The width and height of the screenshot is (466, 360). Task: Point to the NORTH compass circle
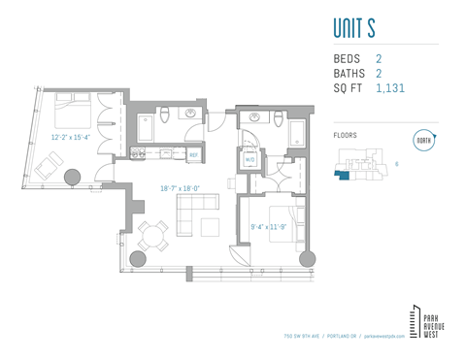pos(422,139)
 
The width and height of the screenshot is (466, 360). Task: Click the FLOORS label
pos(345,135)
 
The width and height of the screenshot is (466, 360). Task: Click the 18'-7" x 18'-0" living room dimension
pos(180,188)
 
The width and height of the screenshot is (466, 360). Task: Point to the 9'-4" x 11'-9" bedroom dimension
pos(271,227)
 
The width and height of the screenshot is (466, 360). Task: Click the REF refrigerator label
pos(193,154)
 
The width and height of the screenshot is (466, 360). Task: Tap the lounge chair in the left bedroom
pos(48,169)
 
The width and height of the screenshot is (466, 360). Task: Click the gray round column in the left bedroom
pos(71,178)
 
